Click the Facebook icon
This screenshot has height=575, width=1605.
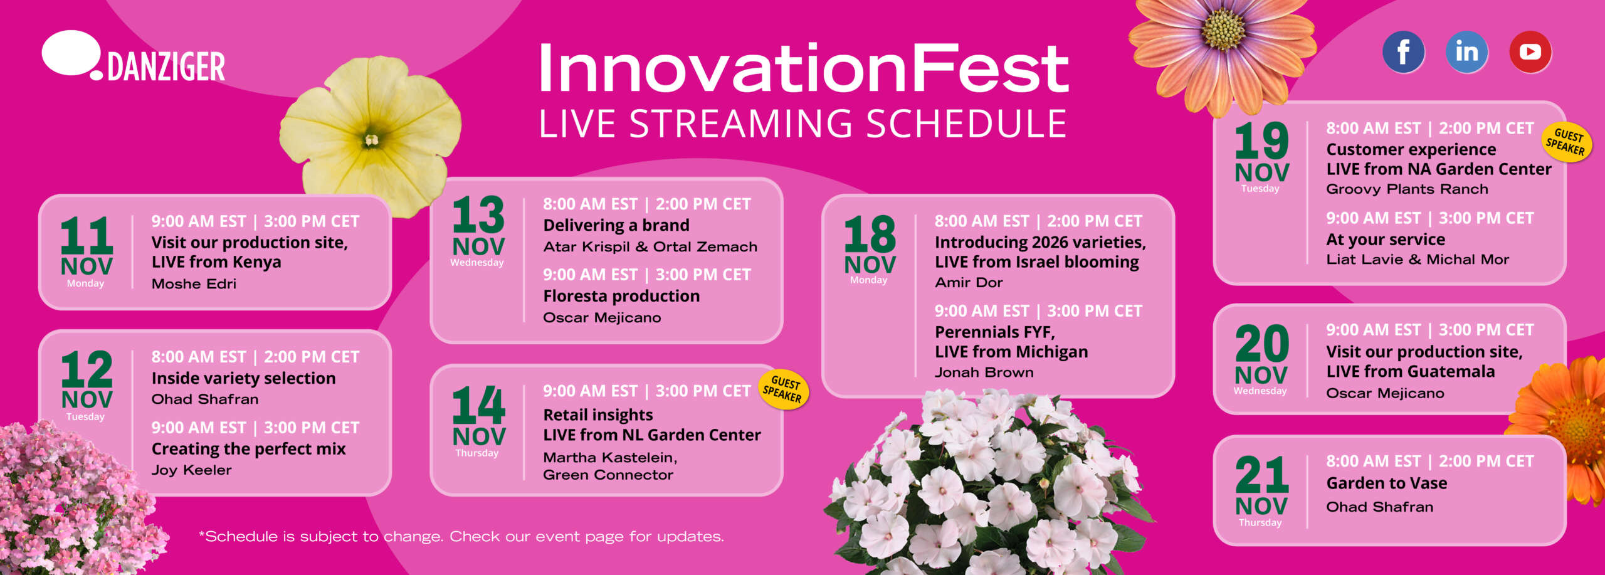tap(1403, 51)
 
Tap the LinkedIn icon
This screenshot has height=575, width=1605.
tap(1466, 51)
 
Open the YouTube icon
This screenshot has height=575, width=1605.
tap(1530, 51)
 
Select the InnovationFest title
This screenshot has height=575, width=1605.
tap(803, 68)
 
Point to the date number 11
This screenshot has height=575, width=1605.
tap(87, 236)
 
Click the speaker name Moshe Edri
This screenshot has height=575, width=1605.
tap(194, 283)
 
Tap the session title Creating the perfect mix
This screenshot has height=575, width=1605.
tap(248, 449)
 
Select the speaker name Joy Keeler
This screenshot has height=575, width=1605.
tap(191, 470)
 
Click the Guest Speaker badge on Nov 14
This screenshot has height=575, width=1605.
tap(784, 389)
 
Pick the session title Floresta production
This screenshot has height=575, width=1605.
tap(621, 296)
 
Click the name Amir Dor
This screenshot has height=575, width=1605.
tap(969, 282)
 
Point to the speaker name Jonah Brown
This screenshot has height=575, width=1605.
tap(984, 372)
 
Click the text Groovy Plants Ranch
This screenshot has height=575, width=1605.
tap(1407, 189)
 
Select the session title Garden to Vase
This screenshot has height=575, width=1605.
tap(1387, 483)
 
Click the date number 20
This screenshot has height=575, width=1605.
tap(1261, 344)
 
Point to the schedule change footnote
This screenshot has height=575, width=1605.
tap(461, 536)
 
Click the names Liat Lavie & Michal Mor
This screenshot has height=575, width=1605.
tap(1418, 259)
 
